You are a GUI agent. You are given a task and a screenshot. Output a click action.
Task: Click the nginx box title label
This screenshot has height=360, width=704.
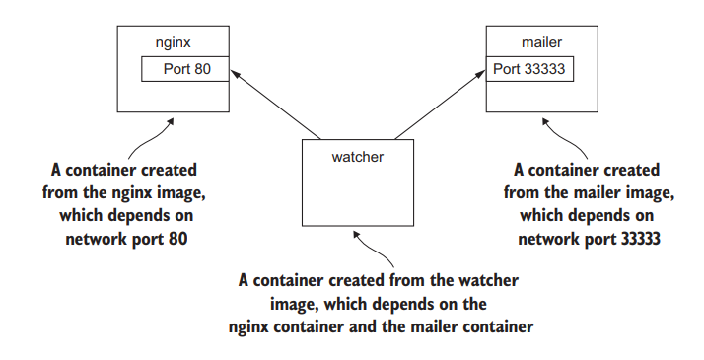coord(173,43)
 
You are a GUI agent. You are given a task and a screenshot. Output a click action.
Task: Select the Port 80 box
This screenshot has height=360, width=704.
coord(185,69)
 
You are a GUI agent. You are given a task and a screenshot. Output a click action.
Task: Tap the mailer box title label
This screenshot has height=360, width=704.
coord(541,42)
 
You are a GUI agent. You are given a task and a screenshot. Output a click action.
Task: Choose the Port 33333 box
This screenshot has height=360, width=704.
coord(529,69)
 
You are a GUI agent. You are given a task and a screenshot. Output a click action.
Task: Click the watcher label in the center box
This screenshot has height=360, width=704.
coord(358,157)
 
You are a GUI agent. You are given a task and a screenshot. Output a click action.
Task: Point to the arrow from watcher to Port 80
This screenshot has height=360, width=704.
coord(275,105)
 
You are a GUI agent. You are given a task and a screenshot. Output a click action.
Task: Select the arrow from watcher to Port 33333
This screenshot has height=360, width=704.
coord(440,105)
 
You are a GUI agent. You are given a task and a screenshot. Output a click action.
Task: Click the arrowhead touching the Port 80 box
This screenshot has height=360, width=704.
coord(235,73)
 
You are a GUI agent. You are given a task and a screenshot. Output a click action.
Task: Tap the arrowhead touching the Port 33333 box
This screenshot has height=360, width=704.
coord(481,73)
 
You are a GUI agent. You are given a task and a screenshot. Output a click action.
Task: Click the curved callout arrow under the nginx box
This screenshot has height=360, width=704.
coord(148,140)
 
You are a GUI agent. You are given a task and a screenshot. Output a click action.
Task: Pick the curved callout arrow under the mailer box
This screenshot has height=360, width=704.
coord(567,138)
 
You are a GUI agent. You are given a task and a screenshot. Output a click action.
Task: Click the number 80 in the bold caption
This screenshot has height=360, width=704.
coord(178,239)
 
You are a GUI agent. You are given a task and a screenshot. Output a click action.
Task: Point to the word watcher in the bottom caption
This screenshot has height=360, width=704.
coord(488,280)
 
